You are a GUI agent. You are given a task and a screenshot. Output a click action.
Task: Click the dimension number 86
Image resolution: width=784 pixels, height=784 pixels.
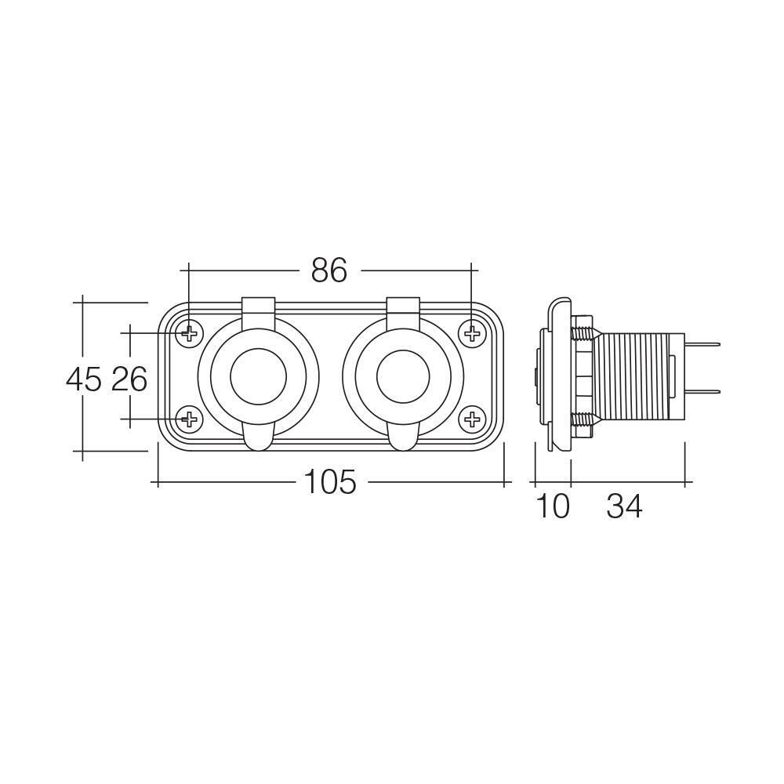(x=328, y=270)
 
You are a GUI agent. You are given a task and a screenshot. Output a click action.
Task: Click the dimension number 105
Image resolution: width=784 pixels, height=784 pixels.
(x=329, y=483)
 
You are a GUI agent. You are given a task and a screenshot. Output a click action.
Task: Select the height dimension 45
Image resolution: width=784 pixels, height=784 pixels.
(x=84, y=379)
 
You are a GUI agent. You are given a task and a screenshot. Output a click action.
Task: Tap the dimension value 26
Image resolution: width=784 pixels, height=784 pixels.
(x=129, y=379)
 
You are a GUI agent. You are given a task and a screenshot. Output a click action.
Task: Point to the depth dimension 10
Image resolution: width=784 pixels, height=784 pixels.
(x=554, y=507)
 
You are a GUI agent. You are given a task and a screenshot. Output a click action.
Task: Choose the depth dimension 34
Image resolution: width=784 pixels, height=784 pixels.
(x=624, y=507)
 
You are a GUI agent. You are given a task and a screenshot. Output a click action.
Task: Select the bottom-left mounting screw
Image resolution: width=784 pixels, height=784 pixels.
(x=189, y=419)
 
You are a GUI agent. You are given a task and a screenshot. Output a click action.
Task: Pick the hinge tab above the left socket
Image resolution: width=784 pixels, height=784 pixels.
(x=258, y=307)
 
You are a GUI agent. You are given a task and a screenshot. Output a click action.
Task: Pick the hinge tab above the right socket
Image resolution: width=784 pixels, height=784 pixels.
(x=403, y=307)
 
